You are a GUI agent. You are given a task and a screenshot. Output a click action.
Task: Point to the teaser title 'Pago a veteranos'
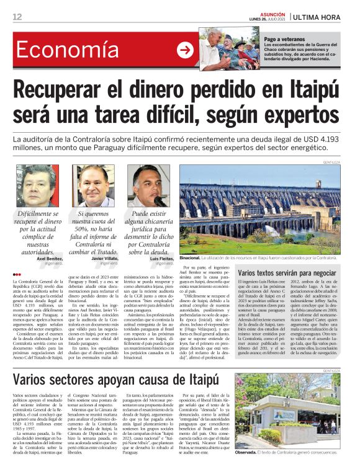click(285, 39)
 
